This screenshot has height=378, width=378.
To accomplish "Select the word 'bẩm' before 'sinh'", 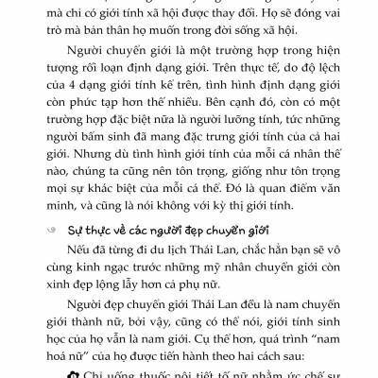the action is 87,176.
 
